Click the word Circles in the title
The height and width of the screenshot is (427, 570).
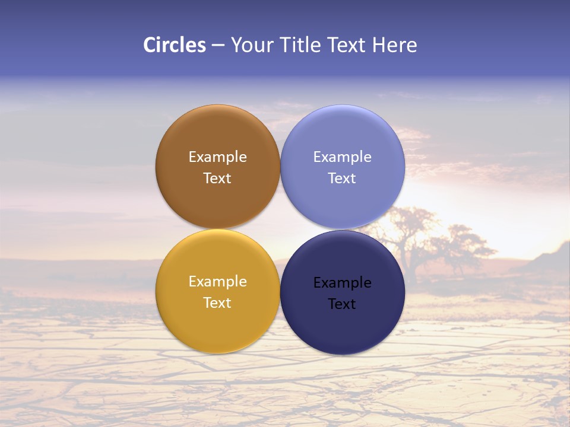175,45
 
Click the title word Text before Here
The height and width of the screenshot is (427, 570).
347,45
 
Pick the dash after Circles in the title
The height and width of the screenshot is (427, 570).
218,46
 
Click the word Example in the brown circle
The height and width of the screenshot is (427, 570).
217,157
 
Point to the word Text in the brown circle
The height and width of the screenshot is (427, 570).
217,179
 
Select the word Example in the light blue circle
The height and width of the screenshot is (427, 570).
342,157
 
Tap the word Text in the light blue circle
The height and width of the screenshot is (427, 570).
342,179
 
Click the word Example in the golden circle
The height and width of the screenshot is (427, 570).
217,282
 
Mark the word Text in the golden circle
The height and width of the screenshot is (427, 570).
217,303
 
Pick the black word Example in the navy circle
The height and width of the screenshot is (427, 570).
342,283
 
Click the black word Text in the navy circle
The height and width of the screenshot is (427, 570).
342,304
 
